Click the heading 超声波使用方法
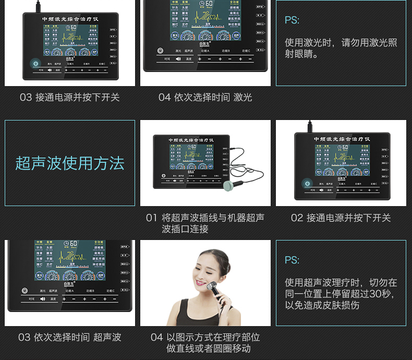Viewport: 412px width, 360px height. pyautogui.click(x=70, y=163)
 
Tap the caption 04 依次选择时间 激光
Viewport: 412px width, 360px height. pyautogui.click(x=205, y=98)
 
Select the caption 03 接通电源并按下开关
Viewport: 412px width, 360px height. pyautogui.click(x=69, y=98)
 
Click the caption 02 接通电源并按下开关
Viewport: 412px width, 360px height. pyautogui.click(x=341, y=218)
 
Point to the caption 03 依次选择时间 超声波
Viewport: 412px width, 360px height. pyautogui.click(x=69, y=338)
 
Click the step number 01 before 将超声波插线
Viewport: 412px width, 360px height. pyautogui.click(x=151, y=218)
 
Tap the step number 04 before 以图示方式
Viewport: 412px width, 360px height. pyautogui.click(x=156, y=338)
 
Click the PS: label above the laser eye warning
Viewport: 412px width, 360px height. pyautogui.click(x=292, y=20)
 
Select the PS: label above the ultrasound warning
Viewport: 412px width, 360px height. pyautogui.click(x=292, y=260)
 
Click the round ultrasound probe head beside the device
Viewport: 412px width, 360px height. pyautogui.click(x=228, y=185)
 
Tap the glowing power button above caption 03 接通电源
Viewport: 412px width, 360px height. pyautogui.click(x=35, y=64)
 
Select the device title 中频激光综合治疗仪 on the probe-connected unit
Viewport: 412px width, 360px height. pyautogui.click(x=190, y=140)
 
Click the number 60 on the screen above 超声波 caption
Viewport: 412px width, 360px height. pyautogui.click(x=71, y=245)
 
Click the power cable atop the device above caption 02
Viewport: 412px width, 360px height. pyautogui.click(x=309, y=126)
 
